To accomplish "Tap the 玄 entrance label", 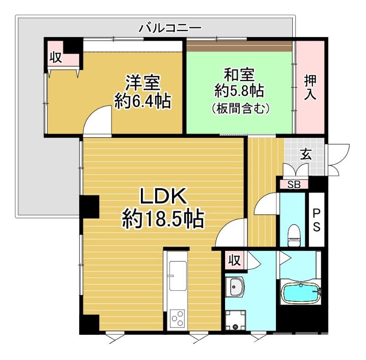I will (306, 154).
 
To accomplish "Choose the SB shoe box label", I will (294, 185).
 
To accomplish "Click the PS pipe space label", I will (316, 220).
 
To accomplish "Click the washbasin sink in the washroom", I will (236, 287).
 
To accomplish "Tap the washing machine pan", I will (236, 321).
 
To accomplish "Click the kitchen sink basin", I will (178, 276).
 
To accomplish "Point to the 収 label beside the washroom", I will (234, 261).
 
